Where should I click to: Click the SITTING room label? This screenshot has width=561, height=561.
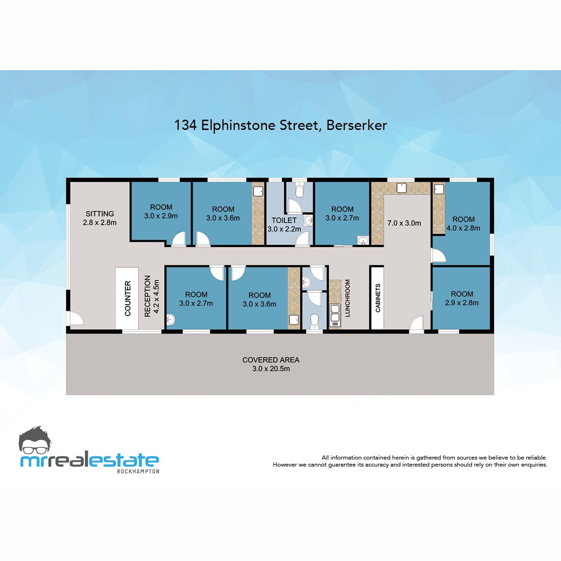100,214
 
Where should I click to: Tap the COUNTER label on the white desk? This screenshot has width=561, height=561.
128,298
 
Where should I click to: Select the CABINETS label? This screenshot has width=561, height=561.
378,298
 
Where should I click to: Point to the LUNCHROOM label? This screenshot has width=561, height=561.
347,298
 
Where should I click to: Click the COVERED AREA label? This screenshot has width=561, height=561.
271,360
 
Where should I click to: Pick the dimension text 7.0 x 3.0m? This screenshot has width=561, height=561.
404,223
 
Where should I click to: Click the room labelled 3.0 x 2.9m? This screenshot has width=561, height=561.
161,212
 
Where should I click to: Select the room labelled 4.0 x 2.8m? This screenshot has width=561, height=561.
463,223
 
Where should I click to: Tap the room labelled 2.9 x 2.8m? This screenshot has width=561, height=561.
462,298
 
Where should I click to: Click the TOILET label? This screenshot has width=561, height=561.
284,220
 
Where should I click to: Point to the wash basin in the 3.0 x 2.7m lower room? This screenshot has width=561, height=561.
171,320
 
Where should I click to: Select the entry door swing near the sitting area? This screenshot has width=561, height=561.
76,318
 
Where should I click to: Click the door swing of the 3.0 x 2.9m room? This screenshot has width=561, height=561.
178,239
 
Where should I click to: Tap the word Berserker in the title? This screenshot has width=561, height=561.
357,125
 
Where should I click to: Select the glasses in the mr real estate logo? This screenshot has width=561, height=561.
35,450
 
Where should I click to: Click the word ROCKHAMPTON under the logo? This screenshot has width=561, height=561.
138,471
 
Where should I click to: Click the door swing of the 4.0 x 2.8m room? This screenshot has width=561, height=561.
439,256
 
